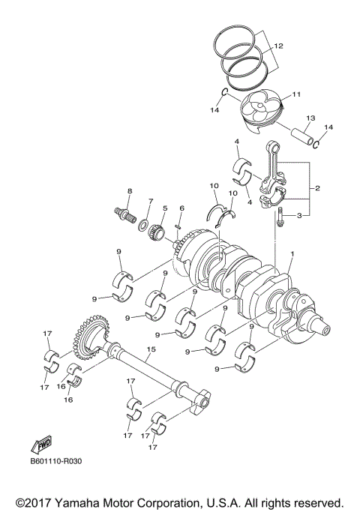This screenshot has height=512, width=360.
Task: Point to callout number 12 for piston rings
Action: (278, 46)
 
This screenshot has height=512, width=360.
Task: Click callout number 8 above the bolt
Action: (129, 191)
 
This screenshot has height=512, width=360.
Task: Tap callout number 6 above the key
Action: (181, 208)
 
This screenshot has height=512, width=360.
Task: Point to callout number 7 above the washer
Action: (150, 202)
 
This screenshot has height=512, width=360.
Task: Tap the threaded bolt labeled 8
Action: (124, 214)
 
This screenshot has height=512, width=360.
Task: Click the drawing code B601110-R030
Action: (56, 462)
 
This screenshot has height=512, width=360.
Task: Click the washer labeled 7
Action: (142, 225)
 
